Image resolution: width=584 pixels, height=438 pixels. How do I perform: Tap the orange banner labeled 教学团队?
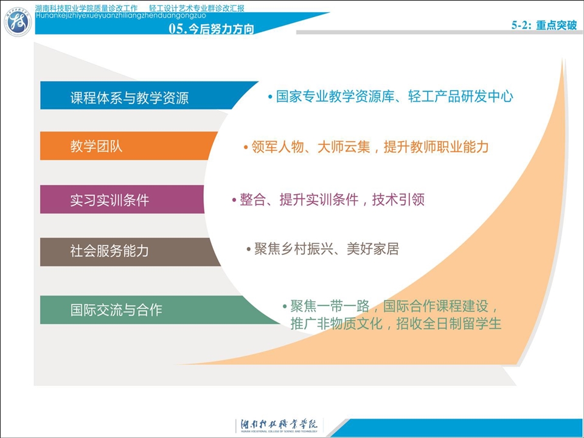[x=128, y=145]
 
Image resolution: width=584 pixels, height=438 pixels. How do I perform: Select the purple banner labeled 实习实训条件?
[x=122, y=200]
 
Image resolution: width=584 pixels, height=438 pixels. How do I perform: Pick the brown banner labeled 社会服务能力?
[x=128, y=252]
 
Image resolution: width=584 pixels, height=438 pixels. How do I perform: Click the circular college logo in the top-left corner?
[x=18, y=23]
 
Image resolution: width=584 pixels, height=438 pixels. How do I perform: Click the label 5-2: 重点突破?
[x=544, y=25]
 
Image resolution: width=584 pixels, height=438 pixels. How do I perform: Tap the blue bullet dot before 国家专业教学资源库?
[x=270, y=97]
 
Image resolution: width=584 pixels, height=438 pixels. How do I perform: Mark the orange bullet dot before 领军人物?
[x=246, y=147]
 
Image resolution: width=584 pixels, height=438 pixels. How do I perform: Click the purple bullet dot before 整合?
[x=234, y=200]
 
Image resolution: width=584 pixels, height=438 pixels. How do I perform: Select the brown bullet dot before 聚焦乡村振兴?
[x=248, y=249]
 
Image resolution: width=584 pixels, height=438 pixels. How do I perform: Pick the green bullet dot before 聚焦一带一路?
[x=285, y=307]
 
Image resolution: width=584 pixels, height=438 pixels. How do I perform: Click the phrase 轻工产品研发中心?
[x=461, y=97]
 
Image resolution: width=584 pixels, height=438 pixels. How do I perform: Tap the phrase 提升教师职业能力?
[x=436, y=147]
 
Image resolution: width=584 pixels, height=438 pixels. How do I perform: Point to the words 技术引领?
[x=398, y=200]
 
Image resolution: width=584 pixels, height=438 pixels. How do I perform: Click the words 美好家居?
[x=373, y=249]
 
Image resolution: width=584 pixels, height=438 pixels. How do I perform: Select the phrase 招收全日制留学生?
[x=449, y=323]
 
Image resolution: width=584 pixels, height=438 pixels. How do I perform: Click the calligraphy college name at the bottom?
[x=279, y=424]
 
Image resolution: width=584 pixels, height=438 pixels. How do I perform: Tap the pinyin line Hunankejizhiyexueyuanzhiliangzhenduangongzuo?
[x=120, y=16]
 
